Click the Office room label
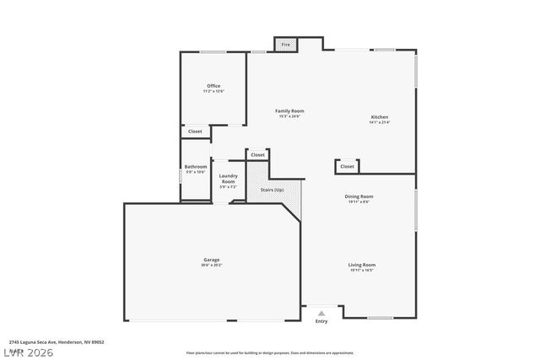click(x=213, y=86)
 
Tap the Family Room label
click(x=289, y=110)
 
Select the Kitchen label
click(x=380, y=117)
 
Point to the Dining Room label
click(x=359, y=196)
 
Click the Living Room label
click(x=361, y=265)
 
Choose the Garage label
click(x=211, y=260)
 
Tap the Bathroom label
click(x=196, y=167)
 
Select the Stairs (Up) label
click(x=272, y=190)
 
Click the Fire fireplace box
click(x=285, y=44)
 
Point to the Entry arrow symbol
click(x=321, y=313)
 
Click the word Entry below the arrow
click(x=321, y=321)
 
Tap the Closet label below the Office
click(x=195, y=132)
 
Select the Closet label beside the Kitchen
click(x=348, y=166)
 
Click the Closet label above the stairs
click(x=257, y=155)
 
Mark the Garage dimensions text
click(x=211, y=266)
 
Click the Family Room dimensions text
click(x=289, y=116)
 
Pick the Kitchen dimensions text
click(x=380, y=123)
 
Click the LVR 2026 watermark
click(x=27, y=351)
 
